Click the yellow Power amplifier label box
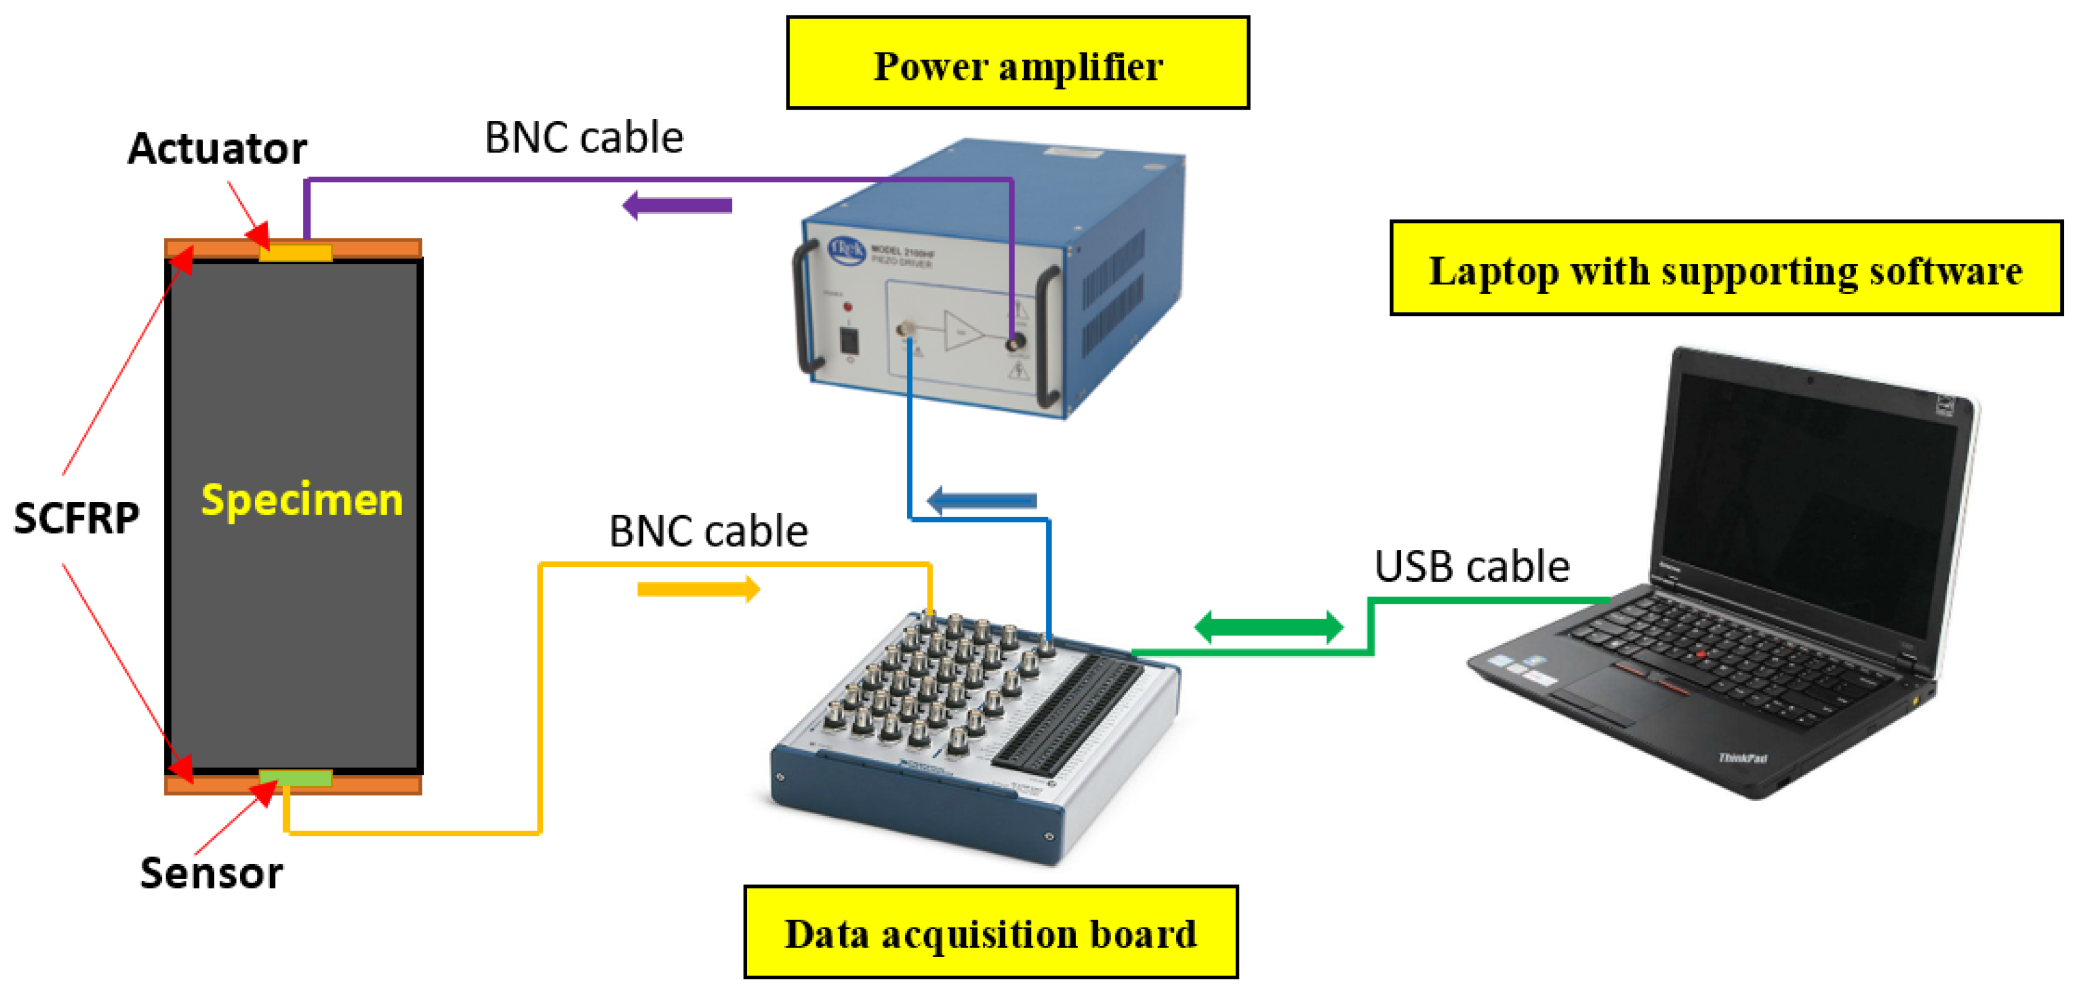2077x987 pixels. [1018, 64]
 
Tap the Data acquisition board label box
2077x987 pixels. [990, 932]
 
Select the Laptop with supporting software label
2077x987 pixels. [1725, 269]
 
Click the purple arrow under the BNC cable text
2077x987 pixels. [677, 206]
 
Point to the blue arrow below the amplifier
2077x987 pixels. [981, 500]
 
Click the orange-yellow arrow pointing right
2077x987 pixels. [698, 589]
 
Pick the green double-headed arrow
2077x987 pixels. [1268, 626]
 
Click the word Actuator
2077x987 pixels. [217, 148]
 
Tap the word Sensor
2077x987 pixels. [212, 873]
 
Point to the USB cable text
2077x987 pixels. [1472, 566]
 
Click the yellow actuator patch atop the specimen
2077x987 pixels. [295, 252]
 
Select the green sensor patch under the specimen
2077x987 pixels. [295, 778]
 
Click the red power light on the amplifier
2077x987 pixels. [847, 307]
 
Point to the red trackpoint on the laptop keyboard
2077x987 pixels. [1701, 654]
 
